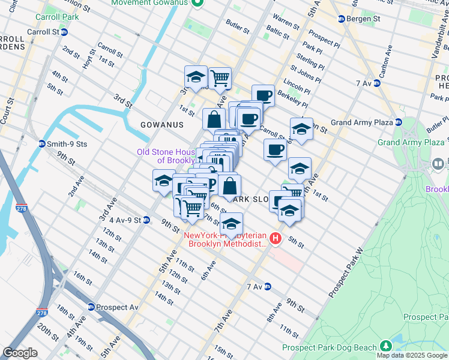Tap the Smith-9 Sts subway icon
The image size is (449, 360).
(41, 144)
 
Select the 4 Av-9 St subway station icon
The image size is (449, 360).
(146, 220)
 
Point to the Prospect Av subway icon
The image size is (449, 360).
(91, 307)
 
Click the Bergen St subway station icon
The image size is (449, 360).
(341, 19)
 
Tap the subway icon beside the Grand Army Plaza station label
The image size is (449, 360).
(398, 122)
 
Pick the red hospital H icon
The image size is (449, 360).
(276, 239)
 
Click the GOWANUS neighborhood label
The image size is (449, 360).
(161, 125)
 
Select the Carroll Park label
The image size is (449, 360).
(57, 17)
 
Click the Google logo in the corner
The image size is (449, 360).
(20, 353)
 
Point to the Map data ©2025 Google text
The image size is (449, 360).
(412, 355)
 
